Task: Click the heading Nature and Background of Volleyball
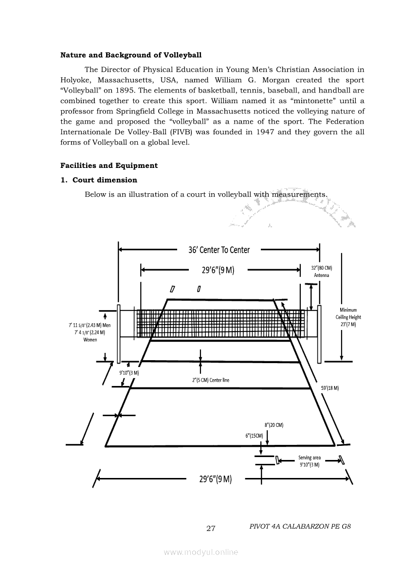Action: [130, 55]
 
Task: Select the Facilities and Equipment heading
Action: [109, 165]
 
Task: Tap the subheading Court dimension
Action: [105, 180]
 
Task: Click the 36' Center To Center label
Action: [219, 250]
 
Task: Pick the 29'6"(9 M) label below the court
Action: [216, 478]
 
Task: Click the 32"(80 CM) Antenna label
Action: [321, 272]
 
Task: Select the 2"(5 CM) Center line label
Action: [211, 380]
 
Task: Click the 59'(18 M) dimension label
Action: [330, 388]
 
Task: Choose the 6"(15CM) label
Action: [254, 435]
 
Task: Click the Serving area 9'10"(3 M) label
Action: [310, 461]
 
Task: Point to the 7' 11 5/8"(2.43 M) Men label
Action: [91, 325]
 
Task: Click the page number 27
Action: [211, 528]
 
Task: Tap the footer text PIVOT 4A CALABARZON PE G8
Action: [300, 527]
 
